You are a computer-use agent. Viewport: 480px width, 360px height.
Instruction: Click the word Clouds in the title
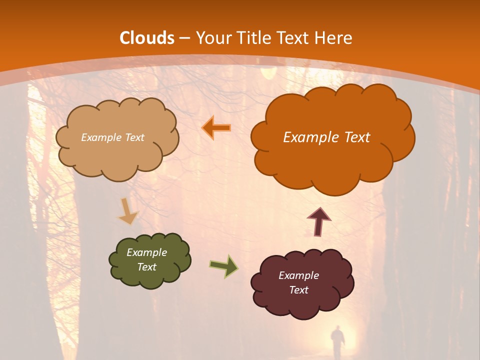pos(147,38)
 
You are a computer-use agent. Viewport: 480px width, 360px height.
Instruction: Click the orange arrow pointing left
pos(216,128)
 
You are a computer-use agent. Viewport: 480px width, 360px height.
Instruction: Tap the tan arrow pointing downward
pos(128,211)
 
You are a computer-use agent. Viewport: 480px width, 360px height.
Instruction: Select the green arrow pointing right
pos(223,266)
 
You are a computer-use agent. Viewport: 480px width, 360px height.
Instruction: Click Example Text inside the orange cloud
pos(326,137)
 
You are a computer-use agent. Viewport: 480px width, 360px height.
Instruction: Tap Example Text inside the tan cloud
pos(112,137)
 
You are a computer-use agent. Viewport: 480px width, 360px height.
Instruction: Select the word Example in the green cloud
pos(146,252)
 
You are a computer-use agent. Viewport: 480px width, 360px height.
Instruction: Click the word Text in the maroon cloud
pos(298,290)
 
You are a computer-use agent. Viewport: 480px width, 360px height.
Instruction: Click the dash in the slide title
pos(184,38)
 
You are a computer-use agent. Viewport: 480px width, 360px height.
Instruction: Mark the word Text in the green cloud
pos(146,267)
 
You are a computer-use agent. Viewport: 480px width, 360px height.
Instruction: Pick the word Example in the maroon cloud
pos(298,275)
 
